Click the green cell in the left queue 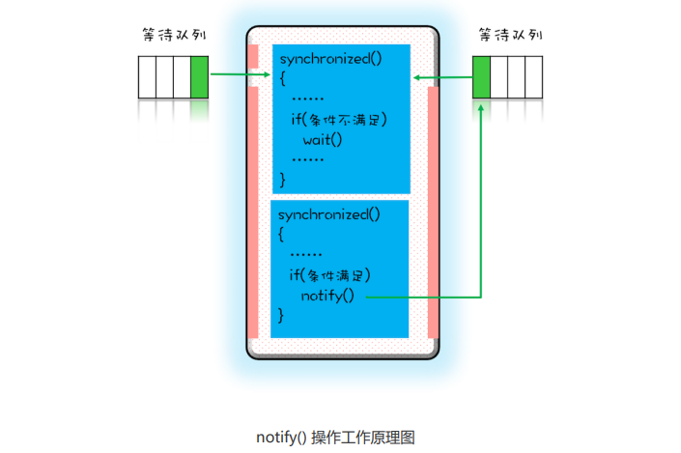[x=199, y=77]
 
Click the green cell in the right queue [x=481, y=77]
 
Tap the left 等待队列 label [x=173, y=36]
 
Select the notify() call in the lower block [x=327, y=295]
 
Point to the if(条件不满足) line [x=338, y=120]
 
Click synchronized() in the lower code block [x=329, y=213]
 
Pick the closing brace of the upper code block [x=283, y=179]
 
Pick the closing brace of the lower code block [x=281, y=315]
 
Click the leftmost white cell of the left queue [x=147, y=77]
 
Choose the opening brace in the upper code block [x=283, y=78]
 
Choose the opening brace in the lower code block [x=281, y=234]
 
